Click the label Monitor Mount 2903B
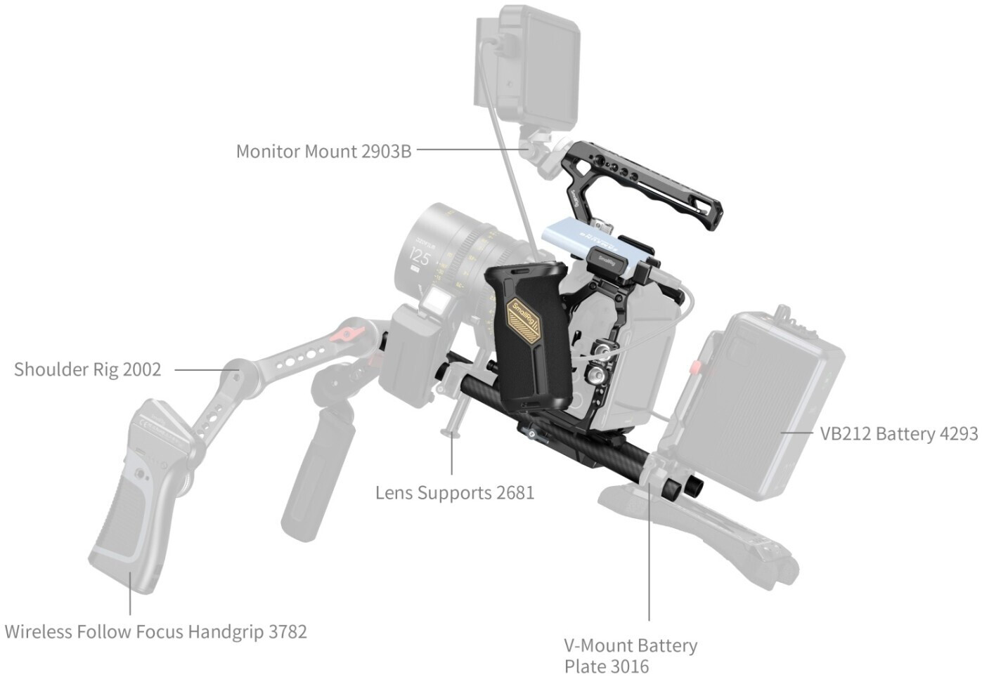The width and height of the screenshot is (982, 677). pyautogui.click(x=323, y=152)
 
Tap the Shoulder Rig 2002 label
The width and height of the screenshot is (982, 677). pyautogui.click(x=88, y=369)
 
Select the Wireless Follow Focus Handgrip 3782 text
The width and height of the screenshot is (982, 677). pyautogui.click(x=155, y=632)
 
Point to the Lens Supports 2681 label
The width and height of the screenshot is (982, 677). pyautogui.click(x=455, y=493)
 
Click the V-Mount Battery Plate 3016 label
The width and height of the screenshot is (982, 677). pyautogui.click(x=631, y=656)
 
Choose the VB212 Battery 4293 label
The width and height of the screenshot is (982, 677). pyautogui.click(x=899, y=434)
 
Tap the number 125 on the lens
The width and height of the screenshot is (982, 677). pyautogui.click(x=418, y=258)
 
